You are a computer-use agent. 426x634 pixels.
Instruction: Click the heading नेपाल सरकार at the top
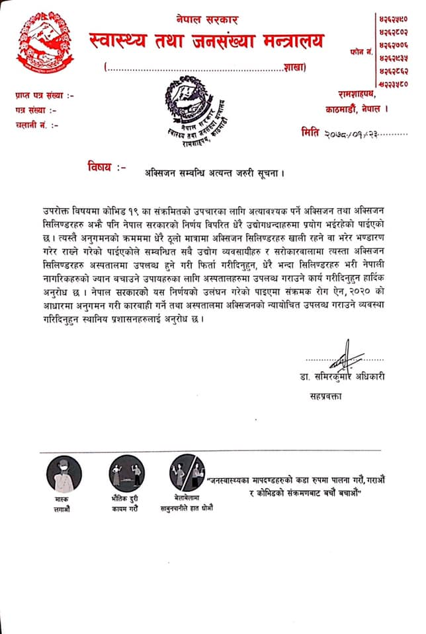(207, 20)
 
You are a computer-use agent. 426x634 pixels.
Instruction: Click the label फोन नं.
(360, 50)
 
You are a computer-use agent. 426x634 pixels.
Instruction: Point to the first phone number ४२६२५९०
(393, 15)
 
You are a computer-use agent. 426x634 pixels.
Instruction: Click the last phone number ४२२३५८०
(393, 85)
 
